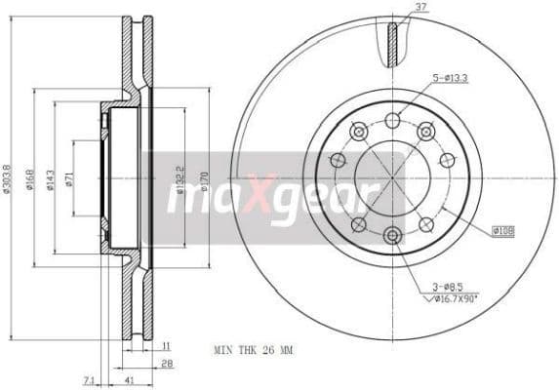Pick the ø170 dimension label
203,179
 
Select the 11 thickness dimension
167,346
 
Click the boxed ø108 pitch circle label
503,230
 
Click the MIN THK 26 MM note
252,348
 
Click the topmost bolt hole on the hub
392,120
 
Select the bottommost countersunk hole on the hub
392,235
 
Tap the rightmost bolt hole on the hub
447,160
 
